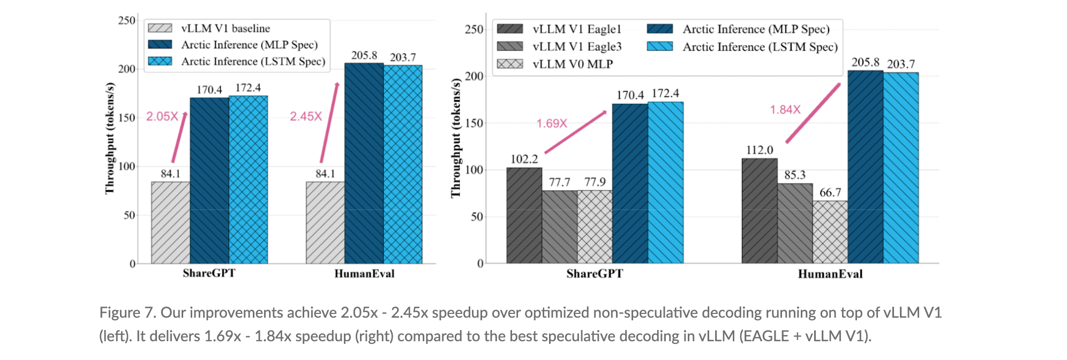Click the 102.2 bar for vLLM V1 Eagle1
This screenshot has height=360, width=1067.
point(524,215)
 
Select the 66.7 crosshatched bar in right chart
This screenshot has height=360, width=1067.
point(830,232)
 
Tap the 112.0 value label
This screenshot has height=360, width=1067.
point(760,150)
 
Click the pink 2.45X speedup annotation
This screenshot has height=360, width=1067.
point(306,116)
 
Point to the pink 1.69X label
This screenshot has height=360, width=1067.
point(552,123)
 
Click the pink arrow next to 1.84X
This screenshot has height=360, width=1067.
point(813,113)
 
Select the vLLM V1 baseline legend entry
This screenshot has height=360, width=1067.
point(225,28)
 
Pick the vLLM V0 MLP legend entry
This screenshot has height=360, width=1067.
point(572,64)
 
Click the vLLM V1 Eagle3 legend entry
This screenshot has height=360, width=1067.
point(576,47)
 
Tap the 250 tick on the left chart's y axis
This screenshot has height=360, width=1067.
point(126,20)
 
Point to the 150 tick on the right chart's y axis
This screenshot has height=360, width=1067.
point(474,123)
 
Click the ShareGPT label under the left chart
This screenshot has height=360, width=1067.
point(209,273)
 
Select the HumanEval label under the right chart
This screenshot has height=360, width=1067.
point(830,274)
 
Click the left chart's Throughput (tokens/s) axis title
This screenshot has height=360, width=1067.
point(110,138)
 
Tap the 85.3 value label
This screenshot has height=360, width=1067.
point(795,175)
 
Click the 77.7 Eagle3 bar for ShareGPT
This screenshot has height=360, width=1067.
point(559,227)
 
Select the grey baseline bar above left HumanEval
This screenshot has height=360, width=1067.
point(325,222)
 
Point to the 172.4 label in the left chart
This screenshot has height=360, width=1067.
point(248,87)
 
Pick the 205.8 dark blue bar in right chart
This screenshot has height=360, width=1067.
point(865,167)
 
